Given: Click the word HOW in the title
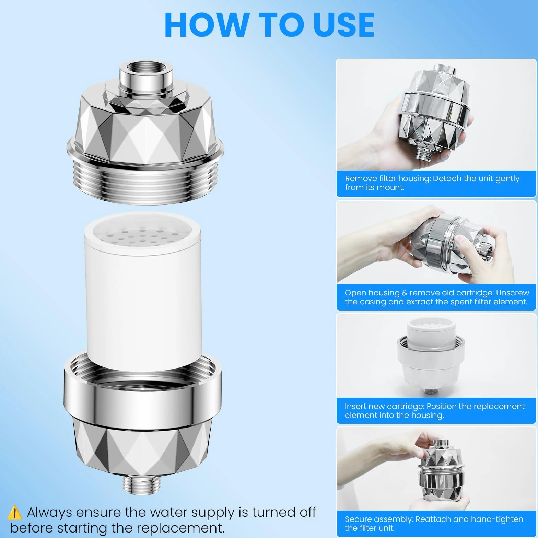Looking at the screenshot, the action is click(x=206, y=25).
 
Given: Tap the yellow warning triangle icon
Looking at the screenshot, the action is click(x=14, y=512).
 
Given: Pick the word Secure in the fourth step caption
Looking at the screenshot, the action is click(x=358, y=519).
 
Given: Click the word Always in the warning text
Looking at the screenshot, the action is click(x=50, y=512).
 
